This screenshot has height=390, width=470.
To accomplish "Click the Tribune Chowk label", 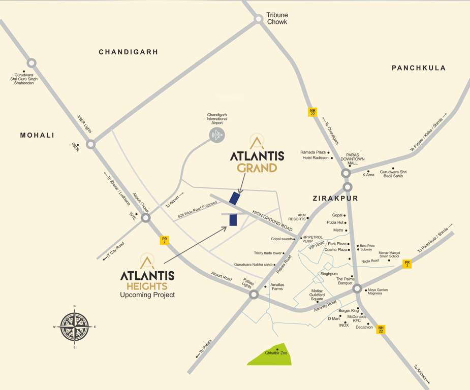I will click(277, 18).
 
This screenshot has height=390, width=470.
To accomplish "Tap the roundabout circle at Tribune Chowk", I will click(259, 19).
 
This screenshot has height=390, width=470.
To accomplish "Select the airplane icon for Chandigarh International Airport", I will click(217, 135).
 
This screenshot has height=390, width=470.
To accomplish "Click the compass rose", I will click(75, 327).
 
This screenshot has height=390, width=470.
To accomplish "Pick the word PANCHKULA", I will click(418, 68).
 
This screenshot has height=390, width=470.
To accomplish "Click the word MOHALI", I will click(37, 135).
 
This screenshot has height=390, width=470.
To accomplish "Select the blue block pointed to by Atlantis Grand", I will click(234, 198).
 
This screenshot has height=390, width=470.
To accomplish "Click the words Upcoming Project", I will click(147, 295).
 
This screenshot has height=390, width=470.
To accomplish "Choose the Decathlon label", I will click(364, 328).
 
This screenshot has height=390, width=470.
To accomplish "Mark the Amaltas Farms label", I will click(277, 286).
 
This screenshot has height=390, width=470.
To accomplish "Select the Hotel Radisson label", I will click(315, 158).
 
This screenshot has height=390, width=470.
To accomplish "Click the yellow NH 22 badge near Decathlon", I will click(381, 329).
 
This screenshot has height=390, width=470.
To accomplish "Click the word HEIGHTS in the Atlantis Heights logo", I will click(147, 286).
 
